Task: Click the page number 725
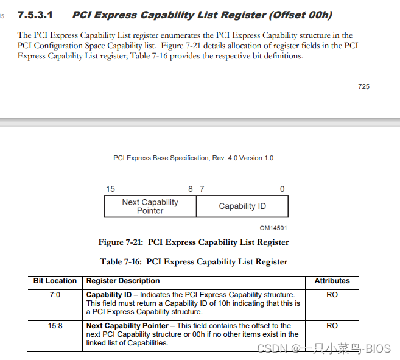(x=363, y=86)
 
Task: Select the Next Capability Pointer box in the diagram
(x=150, y=206)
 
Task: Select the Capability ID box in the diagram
(x=242, y=206)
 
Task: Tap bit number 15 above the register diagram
(x=110, y=189)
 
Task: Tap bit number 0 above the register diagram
(x=282, y=189)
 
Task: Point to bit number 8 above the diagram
(x=191, y=189)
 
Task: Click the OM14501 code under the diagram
(x=273, y=228)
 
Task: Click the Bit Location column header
(x=55, y=281)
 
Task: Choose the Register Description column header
(x=123, y=281)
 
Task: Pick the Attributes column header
(x=332, y=281)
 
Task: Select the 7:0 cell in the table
(x=55, y=295)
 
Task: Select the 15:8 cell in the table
(x=55, y=326)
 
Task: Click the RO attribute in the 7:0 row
(x=332, y=295)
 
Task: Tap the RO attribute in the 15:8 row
(x=332, y=326)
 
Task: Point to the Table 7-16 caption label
(x=121, y=262)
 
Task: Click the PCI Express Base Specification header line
(x=193, y=158)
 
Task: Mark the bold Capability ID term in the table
(x=108, y=295)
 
